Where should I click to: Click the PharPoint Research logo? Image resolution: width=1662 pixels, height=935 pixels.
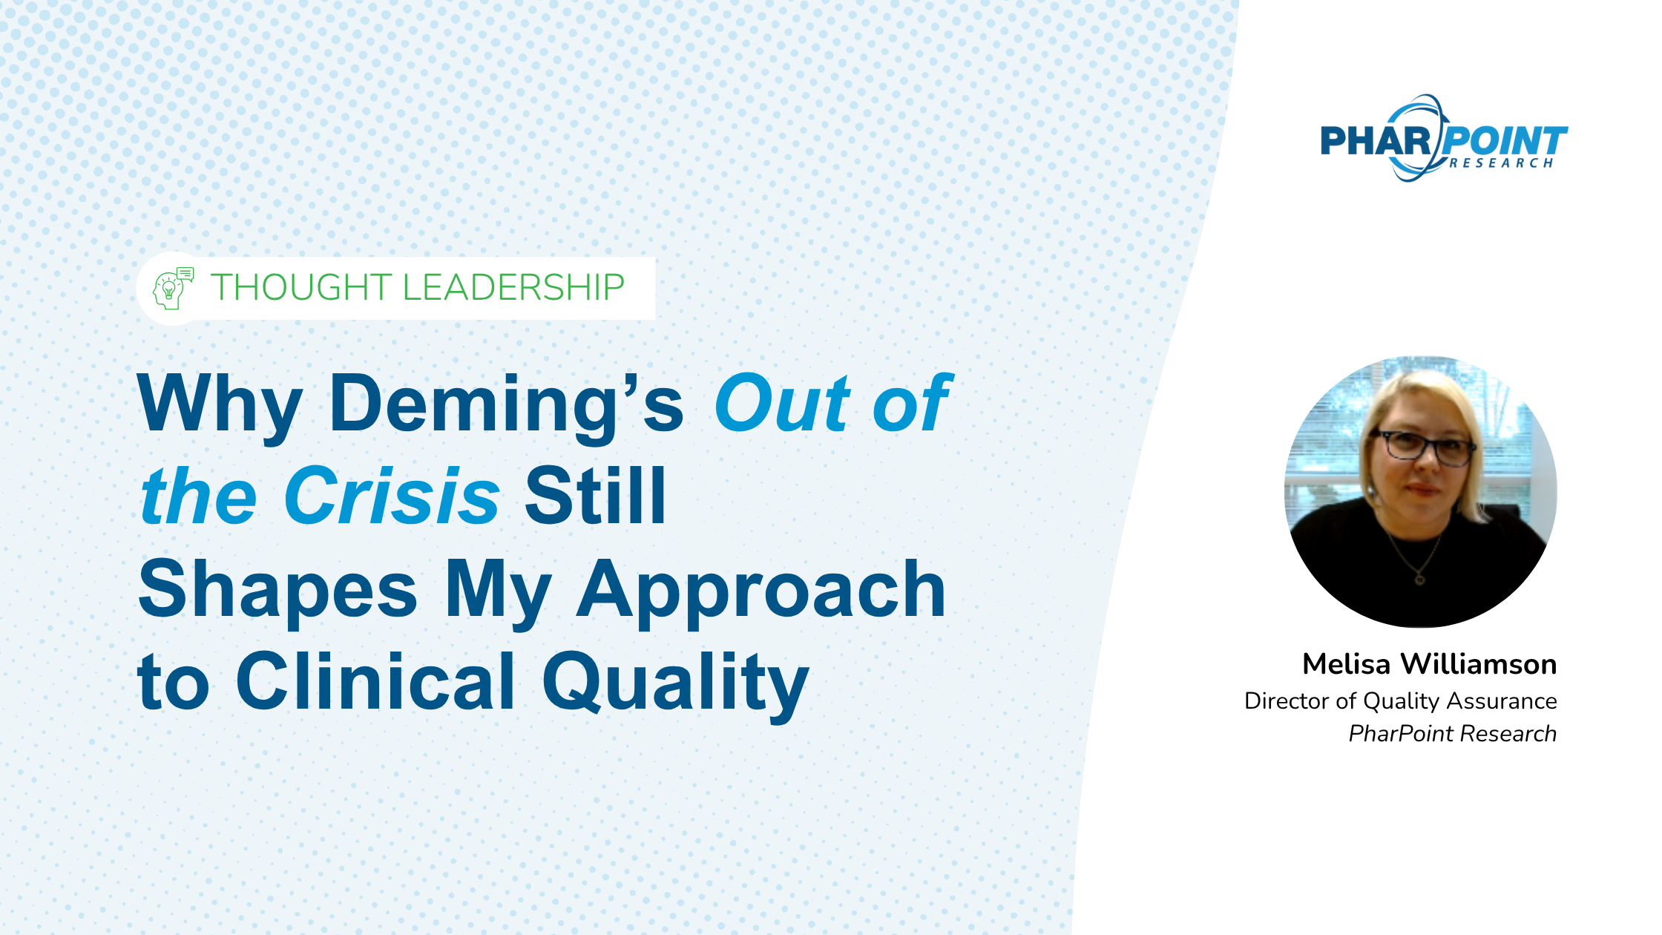tap(1444, 139)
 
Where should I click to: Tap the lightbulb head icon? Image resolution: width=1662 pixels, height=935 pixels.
tap(172, 289)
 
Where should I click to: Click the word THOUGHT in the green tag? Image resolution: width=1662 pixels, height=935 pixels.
tap(301, 287)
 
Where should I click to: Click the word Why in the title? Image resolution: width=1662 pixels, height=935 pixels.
tap(220, 404)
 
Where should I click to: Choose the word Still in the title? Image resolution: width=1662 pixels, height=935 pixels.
tap(595, 495)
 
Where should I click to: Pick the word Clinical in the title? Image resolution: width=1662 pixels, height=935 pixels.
tap(375, 680)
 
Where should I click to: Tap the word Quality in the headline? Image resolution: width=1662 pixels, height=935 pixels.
tap(676, 683)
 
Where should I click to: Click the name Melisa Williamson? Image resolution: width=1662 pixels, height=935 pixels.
tap(1429, 664)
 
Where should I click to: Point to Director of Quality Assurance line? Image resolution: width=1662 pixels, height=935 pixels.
tap(1400, 701)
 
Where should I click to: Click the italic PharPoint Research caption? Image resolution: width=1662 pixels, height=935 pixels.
tap(1452, 733)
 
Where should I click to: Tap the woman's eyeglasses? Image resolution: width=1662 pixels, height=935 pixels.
tap(1422, 447)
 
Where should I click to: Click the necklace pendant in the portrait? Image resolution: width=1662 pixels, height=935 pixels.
tap(1419, 578)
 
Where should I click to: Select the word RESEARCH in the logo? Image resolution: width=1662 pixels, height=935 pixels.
tap(1501, 163)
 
